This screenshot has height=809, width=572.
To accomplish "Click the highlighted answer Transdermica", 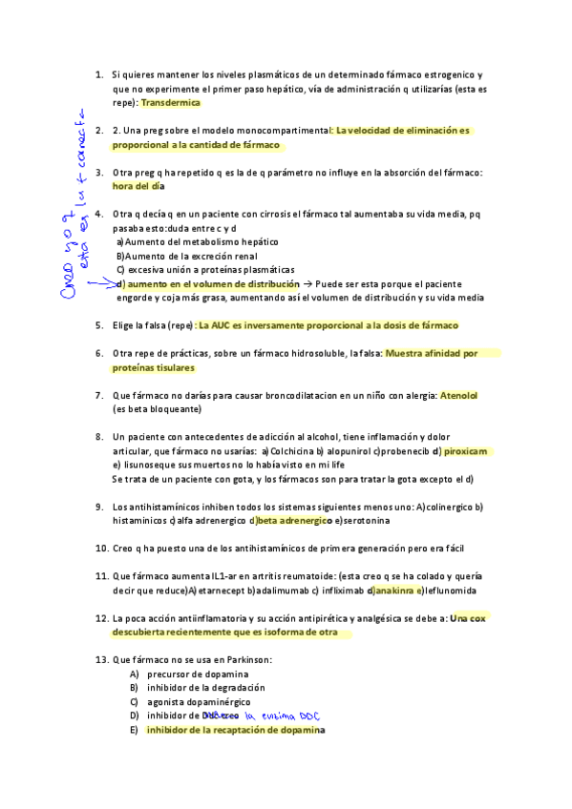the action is point(170,102).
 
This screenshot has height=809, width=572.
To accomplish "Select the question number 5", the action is point(99,325).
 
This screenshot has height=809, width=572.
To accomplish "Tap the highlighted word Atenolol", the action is point(459,395).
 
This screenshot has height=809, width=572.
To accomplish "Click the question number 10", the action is point(100,549).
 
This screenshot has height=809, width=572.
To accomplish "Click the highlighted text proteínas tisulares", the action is point(153,367).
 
